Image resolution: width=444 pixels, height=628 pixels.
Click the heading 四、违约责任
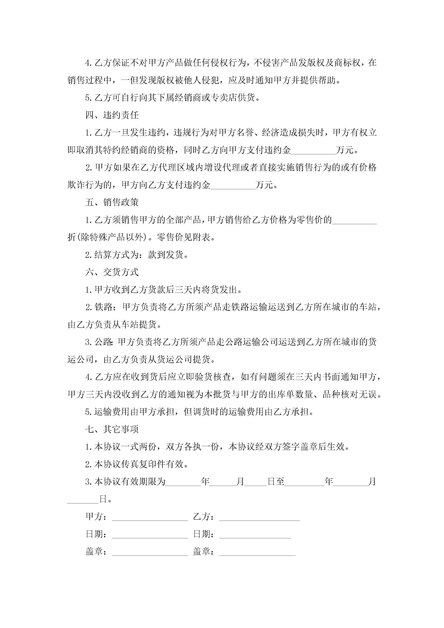pos(112,115)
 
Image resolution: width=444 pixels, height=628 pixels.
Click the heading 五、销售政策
pos(112,202)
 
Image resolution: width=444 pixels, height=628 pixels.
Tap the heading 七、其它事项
pos(112,429)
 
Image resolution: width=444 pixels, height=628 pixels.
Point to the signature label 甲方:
pos(96,517)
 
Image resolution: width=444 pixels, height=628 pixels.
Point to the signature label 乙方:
pos(203,517)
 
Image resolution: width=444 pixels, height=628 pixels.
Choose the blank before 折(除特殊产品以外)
pos(354,220)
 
